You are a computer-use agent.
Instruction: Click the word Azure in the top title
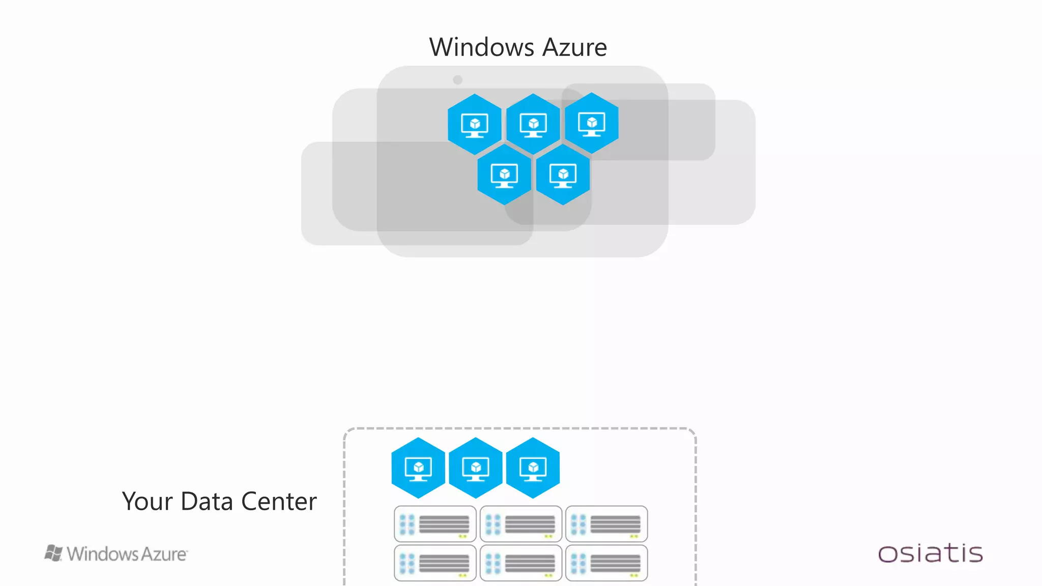574,47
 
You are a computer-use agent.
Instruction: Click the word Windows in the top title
481,47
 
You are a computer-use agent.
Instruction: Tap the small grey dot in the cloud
457,80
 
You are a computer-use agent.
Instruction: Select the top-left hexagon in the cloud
475,124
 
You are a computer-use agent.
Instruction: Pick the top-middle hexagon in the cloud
533,124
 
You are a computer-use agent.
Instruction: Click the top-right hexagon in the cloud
592,123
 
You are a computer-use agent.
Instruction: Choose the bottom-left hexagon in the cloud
504,174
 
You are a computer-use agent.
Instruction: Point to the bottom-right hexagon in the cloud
563,174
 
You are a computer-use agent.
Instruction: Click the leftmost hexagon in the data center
418,467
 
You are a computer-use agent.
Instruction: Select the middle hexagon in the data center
476,467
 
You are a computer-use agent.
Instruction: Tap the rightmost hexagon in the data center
533,467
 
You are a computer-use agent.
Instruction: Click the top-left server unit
435,524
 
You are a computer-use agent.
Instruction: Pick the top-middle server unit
520,524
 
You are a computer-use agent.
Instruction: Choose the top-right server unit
606,524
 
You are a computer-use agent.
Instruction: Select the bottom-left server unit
435,563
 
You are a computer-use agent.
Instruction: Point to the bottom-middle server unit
520,563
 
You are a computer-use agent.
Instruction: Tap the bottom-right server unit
606,563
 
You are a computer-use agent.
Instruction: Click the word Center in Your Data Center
279,502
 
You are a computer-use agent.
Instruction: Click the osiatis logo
930,553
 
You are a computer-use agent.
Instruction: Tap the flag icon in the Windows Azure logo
53,553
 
